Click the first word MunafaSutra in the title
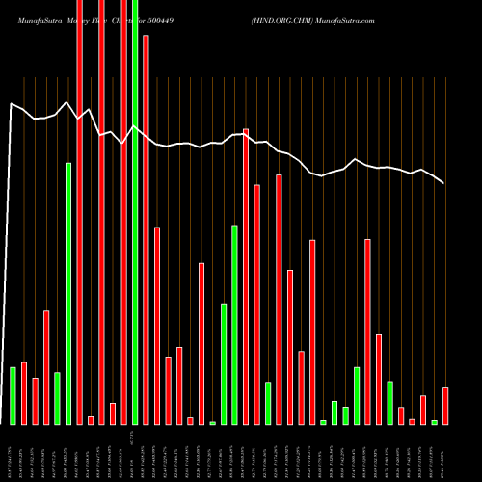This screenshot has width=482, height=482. pyautogui.click(x=35, y=8)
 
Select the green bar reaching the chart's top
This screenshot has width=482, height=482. pyautogui.click(x=135, y=212)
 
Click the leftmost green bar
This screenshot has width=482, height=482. pyautogui.click(x=13, y=395)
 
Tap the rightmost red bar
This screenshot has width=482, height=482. pyautogui.click(x=445, y=405)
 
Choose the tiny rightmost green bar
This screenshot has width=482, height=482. pyautogui.click(x=435, y=422)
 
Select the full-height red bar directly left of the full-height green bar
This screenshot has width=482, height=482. pyautogui.click(x=123, y=212)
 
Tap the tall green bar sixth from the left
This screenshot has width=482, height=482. pyautogui.click(x=68, y=294)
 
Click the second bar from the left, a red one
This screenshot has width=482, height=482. pyautogui.click(x=24, y=393)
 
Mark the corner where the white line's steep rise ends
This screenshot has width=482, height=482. pyautogui.click(x=12, y=103)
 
